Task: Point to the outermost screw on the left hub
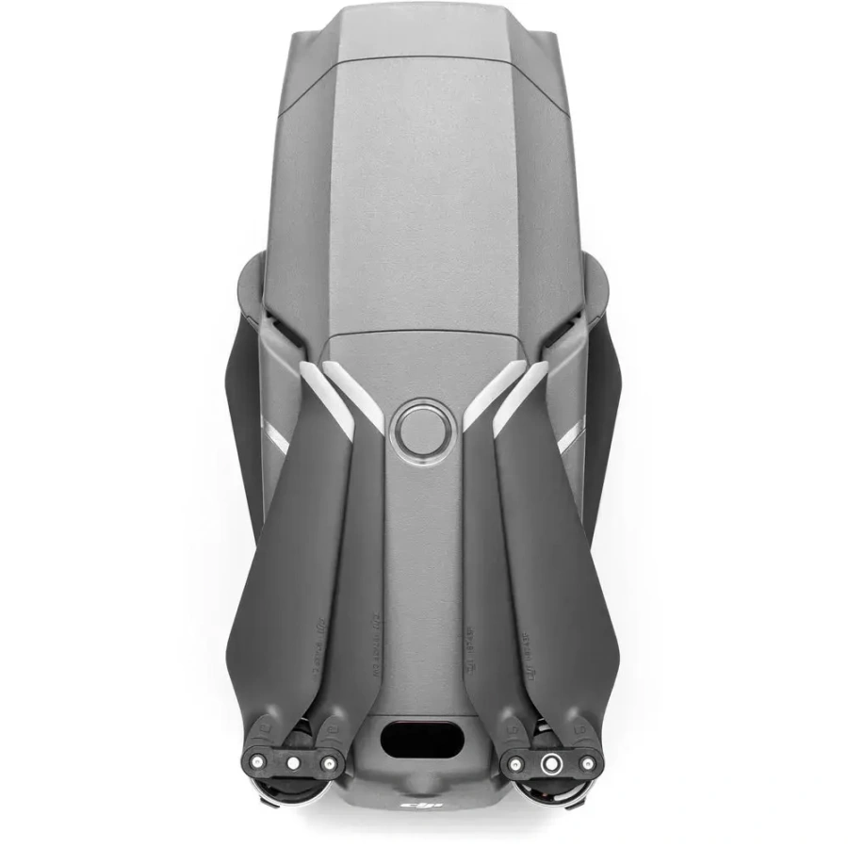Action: coord(256,755)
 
